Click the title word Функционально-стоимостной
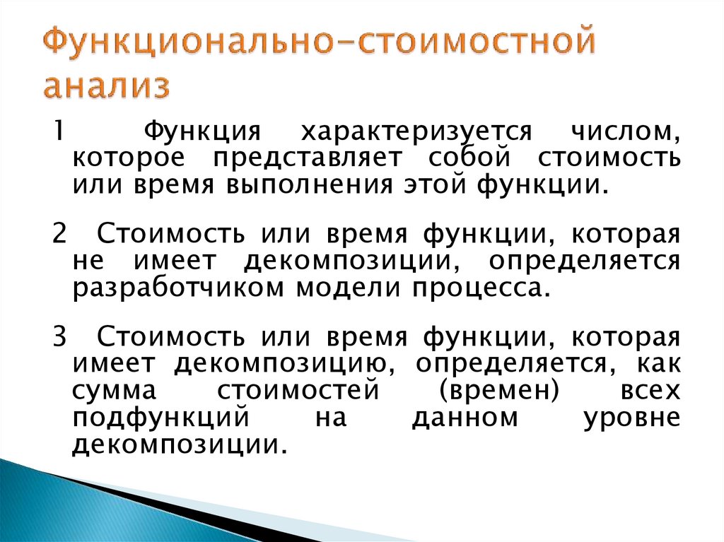point(317,44)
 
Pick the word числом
point(629,132)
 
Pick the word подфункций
point(160,417)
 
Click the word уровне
point(632,417)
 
